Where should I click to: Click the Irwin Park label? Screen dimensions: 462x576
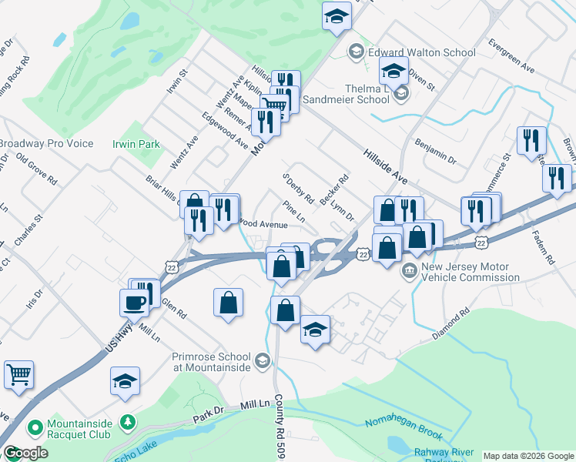tap(136, 144)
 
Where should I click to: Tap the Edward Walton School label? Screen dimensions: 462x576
tap(421, 52)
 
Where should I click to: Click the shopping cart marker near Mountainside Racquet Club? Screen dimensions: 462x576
tap(18, 374)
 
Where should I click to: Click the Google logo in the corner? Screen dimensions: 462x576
tap(25, 453)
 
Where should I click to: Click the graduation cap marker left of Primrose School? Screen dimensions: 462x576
tap(125, 380)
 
